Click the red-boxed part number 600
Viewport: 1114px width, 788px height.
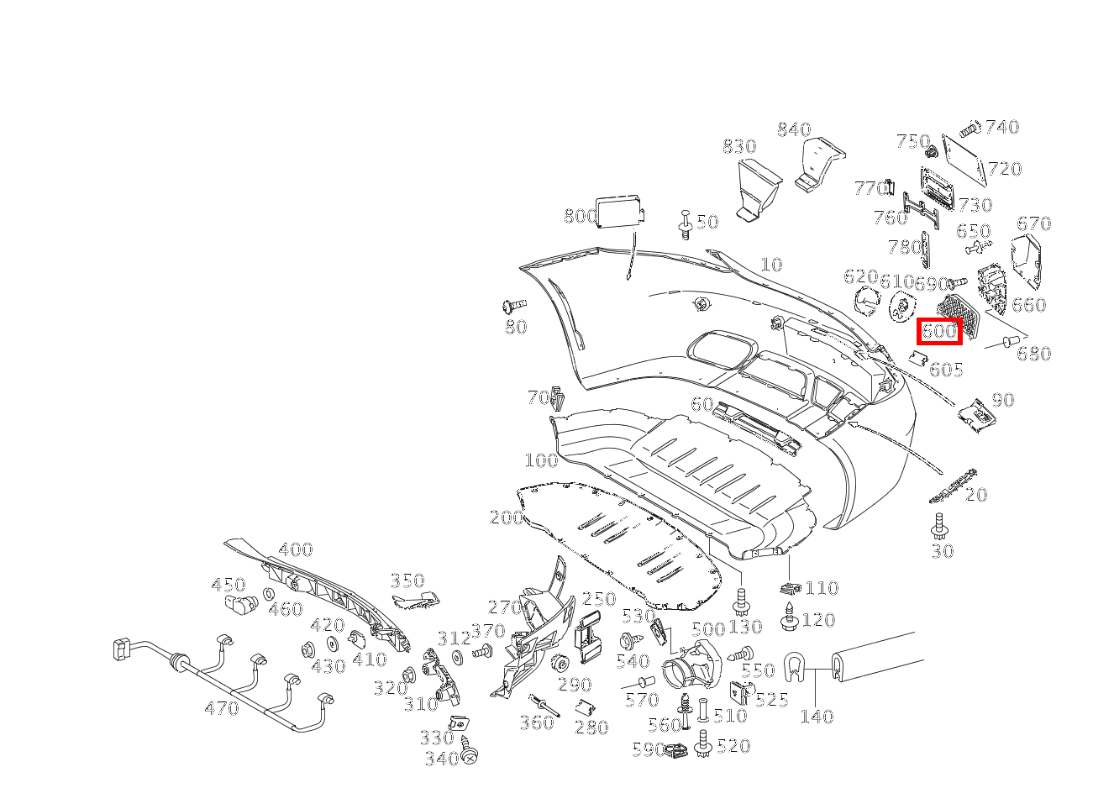939,331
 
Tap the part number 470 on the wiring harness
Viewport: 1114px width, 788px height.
222,707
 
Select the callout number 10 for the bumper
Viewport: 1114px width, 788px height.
771,265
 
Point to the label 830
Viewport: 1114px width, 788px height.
739,146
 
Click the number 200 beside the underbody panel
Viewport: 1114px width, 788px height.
507,517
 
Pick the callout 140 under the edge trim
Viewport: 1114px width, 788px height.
817,717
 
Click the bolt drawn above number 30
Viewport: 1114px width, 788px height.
938,527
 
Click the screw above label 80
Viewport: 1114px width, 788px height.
514,306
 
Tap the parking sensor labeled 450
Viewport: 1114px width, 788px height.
242,602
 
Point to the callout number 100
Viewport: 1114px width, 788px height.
542,460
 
